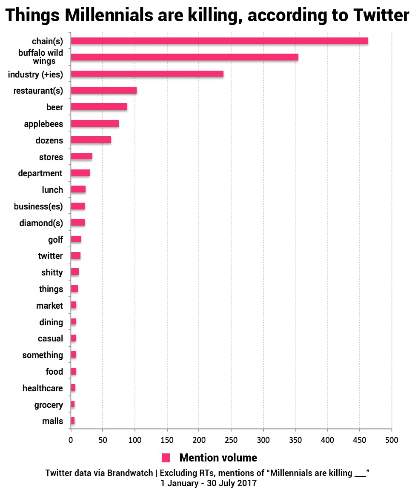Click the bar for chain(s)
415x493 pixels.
point(219,41)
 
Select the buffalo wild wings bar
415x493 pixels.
point(184,57)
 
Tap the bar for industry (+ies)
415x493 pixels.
point(147,74)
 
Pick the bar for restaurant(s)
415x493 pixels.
point(103,90)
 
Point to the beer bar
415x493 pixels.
point(99,107)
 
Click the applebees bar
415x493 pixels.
point(94,123)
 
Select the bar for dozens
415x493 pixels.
point(91,140)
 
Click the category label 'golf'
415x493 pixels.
point(55,240)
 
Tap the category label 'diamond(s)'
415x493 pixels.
point(41,223)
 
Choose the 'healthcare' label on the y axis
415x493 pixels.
point(43,388)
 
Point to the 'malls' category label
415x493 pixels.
point(52,421)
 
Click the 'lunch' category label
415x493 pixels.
point(52,190)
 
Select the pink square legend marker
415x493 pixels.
point(166,458)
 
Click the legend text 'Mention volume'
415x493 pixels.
point(218,458)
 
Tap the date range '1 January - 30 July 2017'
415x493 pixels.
point(209,484)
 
